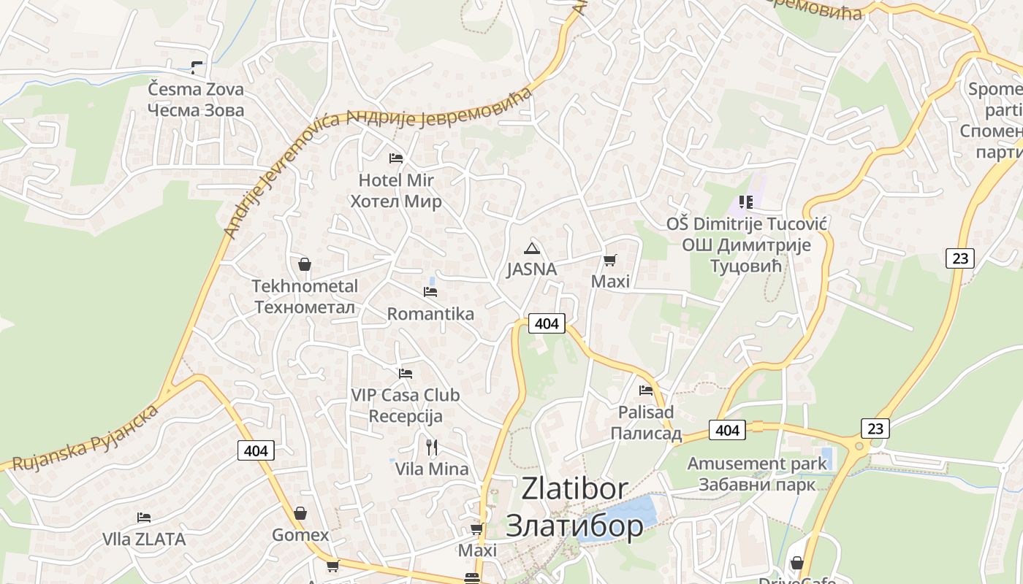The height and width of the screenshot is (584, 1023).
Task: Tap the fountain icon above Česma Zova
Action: (x=197, y=68)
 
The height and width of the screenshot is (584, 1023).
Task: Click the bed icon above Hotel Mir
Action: (x=396, y=158)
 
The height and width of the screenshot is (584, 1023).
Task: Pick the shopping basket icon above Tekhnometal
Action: (x=305, y=264)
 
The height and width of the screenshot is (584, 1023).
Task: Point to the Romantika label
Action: (x=430, y=314)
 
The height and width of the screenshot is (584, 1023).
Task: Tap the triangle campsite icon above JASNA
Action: (x=532, y=247)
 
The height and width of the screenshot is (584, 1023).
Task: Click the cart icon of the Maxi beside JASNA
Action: (x=610, y=260)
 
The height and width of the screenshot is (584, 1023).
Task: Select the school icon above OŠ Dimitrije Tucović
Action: (x=746, y=201)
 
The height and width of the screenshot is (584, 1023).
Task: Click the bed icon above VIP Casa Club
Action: (x=406, y=374)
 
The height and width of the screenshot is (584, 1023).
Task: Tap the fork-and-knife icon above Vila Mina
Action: (x=432, y=447)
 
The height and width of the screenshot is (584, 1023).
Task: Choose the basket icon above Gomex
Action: (x=300, y=514)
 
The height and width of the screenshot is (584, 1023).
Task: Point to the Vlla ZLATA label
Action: (x=144, y=539)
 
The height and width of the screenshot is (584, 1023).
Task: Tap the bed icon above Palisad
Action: (x=645, y=390)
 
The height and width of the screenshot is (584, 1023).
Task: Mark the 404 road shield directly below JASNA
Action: (x=547, y=323)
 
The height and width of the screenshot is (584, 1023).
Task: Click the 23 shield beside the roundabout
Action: (x=875, y=428)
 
